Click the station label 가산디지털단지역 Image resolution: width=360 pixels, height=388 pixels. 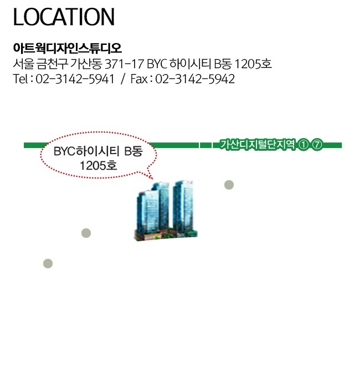coord(258,145)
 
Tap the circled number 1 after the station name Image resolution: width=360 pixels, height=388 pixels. coord(303,145)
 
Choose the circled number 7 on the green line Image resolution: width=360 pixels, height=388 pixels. coord(317,145)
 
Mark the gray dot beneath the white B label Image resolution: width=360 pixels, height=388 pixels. coord(229,185)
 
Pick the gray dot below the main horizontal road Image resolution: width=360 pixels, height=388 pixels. coord(48,263)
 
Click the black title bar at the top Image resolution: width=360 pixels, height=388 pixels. coord(64,17)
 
